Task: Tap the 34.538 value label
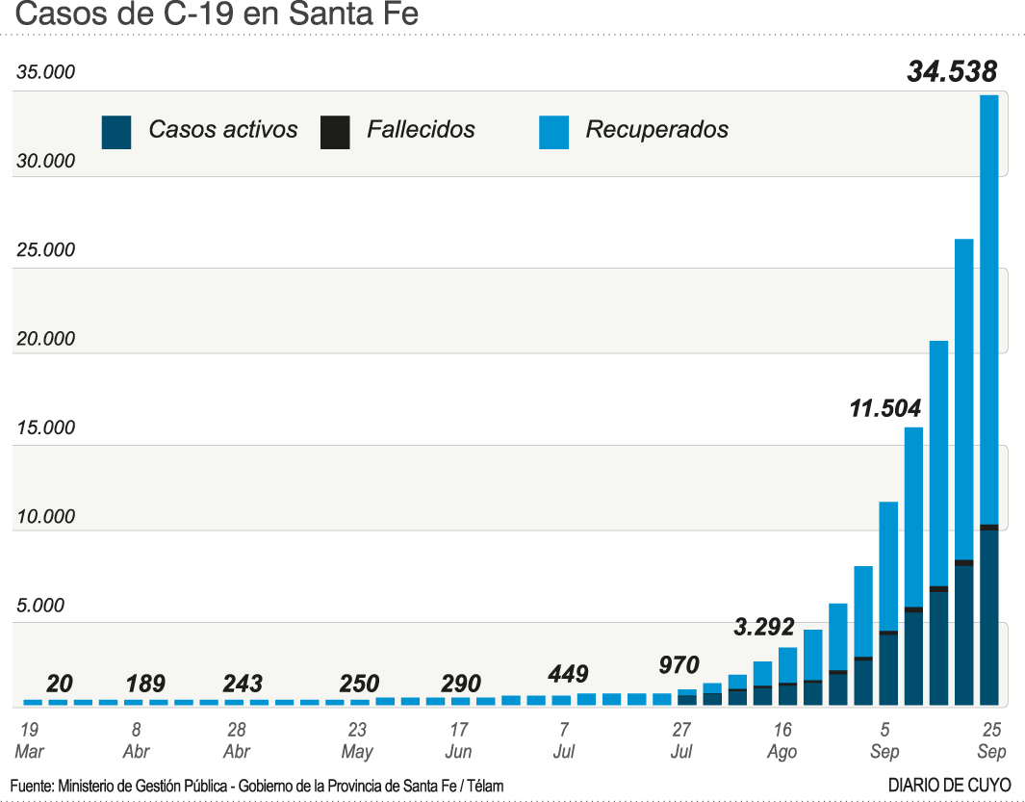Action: point(952,71)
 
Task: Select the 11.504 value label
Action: point(884,407)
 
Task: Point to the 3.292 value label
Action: point(764,627)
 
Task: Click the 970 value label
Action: point(679,664)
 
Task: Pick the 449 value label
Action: point(567,674)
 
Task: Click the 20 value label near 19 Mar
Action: point(60,684)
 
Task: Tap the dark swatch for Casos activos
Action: point(116,132)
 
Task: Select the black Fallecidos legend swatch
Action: point(335,132)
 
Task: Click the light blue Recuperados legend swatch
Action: point(553,132)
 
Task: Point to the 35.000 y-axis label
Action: point(45,73)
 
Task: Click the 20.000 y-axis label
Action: point(45,339)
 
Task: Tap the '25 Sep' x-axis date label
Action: point(991,740)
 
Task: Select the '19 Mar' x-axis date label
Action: point(29,740)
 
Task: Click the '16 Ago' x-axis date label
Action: point(782,740)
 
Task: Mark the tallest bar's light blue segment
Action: point(988,308)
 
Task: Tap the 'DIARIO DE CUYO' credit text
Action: point(949,786)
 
